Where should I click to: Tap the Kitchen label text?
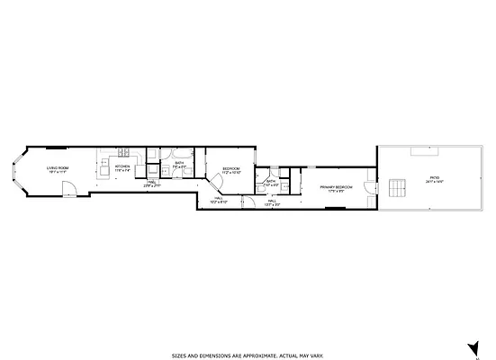122,166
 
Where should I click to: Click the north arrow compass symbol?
471,347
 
